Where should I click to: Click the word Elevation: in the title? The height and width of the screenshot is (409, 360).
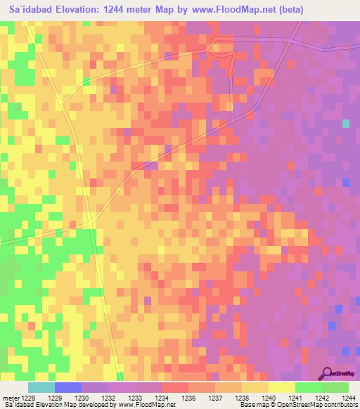[x=82, y=9]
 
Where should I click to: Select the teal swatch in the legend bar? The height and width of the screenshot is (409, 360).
[x=41, y=387]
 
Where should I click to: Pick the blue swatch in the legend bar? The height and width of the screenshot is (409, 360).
[x=68, y=387]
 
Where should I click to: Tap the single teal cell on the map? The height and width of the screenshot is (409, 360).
[x=346, y=124]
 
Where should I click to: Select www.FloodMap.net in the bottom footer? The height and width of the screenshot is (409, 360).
[x=148, y=405]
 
